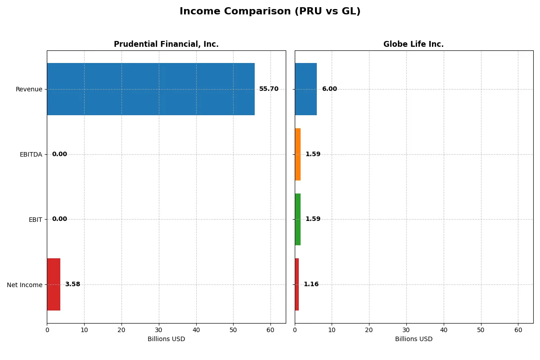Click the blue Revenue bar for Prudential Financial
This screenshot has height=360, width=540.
pos(151,89)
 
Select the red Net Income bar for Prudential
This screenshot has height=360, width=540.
pos(54,284)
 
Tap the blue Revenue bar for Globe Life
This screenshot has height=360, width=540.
pos(306,89)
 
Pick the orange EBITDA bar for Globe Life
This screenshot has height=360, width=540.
pos(298,154)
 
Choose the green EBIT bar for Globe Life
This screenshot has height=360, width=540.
pos(298,219)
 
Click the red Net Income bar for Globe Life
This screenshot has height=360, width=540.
pos(297,284)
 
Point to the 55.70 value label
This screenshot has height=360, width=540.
pos(269,89)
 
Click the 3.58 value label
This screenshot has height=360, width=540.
pos(72,284)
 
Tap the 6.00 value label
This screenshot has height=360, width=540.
pos(329,89)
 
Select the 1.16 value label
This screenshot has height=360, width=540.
pos(311,284)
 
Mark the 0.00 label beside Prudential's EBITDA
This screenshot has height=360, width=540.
pos(59,154)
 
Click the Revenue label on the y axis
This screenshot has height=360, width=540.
pos(29,89)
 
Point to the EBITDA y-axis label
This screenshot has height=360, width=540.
pos(31,154)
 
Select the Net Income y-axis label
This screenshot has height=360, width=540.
pos(25,285)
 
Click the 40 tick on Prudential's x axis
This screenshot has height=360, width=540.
pos(196,330)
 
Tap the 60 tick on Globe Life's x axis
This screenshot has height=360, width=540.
pos(518,330)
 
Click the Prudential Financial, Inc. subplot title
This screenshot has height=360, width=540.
pos(166,44)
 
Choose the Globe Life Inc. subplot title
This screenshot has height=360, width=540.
pos(414,44)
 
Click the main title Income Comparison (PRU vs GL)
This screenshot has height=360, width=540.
pos(270,12)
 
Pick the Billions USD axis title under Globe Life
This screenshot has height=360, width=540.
pos(414,339)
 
